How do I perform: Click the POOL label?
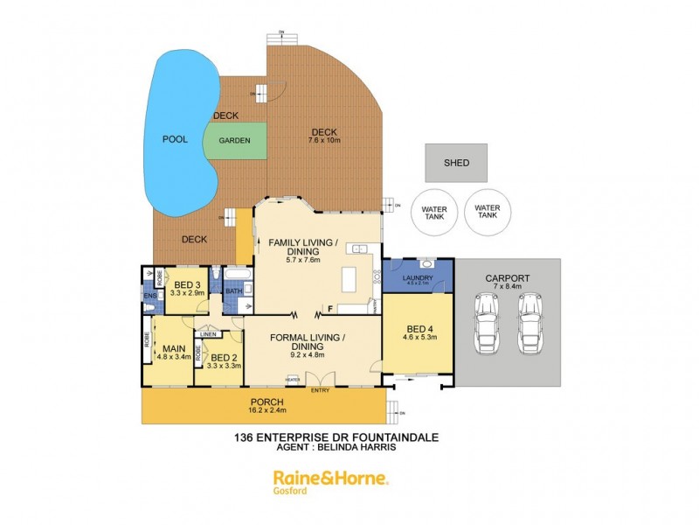[x=176, y=139]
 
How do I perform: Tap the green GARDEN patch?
[x=234, y=140]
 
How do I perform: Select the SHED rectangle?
[x=456, y=163]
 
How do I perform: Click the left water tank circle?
[x=434, y=212]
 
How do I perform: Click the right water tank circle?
[x=488, y=212]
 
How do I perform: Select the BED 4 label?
[x=418, y=326]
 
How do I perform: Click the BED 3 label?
[x=188, y=284]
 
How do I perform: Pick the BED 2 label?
[x=225, y=357]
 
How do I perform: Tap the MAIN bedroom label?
[x=166, y=346]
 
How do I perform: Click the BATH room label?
[x=234, y=291]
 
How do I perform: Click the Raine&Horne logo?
[x=331, y=478]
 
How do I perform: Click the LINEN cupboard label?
[x=208, y=334]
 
